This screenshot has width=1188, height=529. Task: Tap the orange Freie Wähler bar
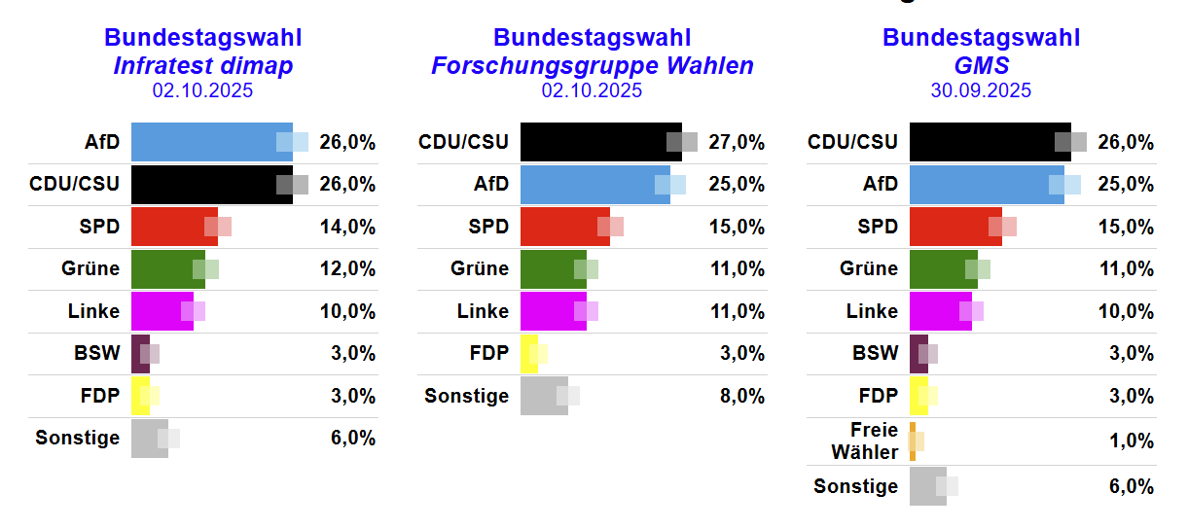[x=913, y=441]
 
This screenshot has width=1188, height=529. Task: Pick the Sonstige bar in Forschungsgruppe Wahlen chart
[x=544, y=396]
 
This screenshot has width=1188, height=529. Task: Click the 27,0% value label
[x=737, y=142]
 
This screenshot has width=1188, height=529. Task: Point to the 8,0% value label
[x=742, y=396]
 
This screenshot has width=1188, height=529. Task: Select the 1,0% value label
[x=1132, y=441]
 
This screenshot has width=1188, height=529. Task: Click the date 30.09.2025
[x=981, y=90]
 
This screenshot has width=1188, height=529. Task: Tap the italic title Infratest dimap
[x=202, y=65]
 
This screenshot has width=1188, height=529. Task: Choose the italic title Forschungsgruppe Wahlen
[x=592, y=65]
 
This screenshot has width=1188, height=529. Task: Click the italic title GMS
[x=981, y=65]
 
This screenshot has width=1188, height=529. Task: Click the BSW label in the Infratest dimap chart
[x=96, y=353]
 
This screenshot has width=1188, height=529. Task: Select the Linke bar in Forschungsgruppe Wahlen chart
[x=553, y=311]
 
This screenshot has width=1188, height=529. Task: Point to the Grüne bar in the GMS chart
[x=943, y=269]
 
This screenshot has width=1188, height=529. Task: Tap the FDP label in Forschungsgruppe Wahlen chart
[x=488, y=353]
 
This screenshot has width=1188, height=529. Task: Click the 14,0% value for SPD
[x=347, y=227]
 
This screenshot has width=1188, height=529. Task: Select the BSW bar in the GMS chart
[x=918, y=353]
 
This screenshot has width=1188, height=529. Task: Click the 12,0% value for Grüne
[x=347, y=269]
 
